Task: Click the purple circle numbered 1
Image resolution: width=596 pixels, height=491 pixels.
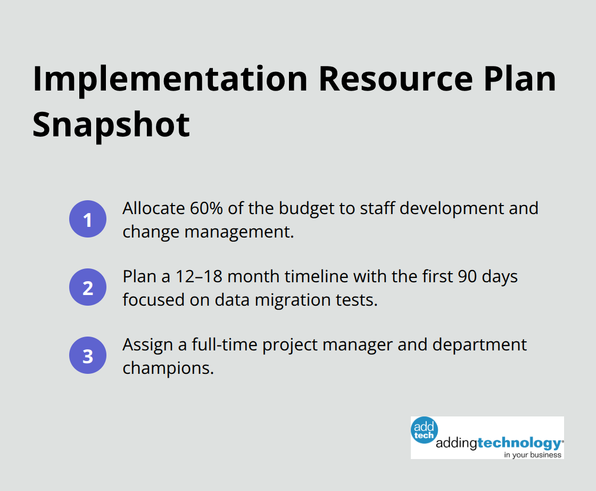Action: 88,219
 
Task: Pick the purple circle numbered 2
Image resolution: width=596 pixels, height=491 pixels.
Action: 88,288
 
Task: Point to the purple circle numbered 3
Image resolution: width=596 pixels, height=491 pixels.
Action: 88,355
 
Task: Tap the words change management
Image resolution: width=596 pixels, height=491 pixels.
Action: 208,232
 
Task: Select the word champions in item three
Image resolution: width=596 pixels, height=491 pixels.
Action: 168,368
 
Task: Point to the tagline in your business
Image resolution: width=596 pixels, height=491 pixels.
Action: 533,455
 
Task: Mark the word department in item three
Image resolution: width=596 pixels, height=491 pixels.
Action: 479,345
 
